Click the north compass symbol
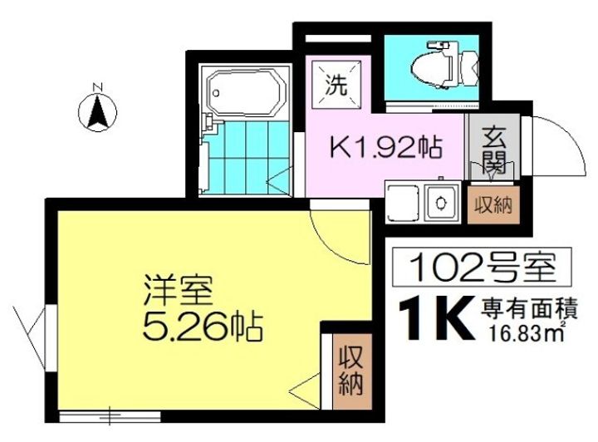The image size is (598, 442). pyautogui.click(x=97, y=108)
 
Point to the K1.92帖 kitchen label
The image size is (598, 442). pyautogui.click(x=386, y=150)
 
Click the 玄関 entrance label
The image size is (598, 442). pyautogui.click(x=493, y=147)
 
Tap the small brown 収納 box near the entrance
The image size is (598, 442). pyautogui.click(x=493, y=204)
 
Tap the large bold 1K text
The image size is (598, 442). pyautogui.click(x=433, y=318)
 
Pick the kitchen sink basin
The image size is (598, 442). pyautogui.click(x=437, y=200)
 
